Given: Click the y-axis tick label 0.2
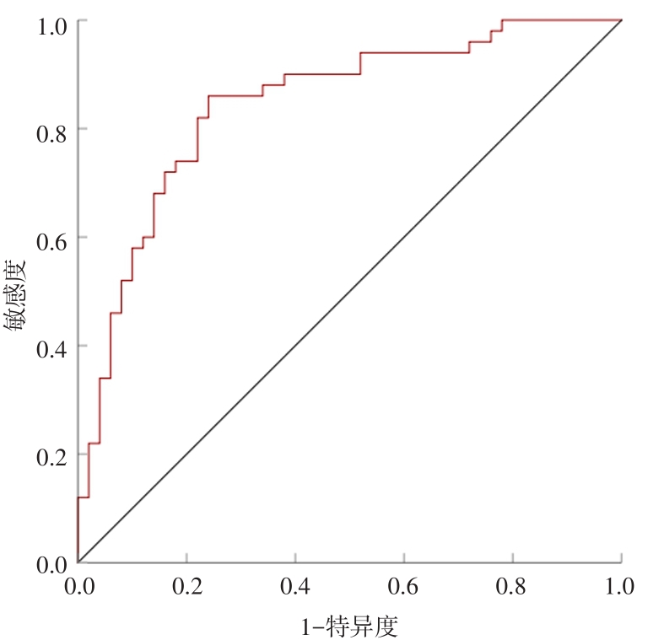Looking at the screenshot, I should (x=50, y=454).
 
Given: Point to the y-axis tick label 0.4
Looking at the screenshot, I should (x=50, y=346).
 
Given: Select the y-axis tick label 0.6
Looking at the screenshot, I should (x=50, y=237).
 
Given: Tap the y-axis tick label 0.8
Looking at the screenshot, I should (x=50, y=129).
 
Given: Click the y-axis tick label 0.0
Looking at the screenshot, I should (x=50, y=563).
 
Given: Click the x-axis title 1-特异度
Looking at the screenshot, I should (x=348, y=626).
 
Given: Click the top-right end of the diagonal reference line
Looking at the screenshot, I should (x=621, y=20).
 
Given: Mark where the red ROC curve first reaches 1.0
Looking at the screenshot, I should (x=502, y=20).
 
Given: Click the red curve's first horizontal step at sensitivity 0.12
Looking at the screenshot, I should (x=83, y=497).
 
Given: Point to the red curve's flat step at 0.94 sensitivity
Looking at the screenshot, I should (x=414, y=52).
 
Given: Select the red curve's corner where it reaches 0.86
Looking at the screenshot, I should (x=208, y=96).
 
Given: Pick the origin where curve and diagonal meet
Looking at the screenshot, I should (x=78, y=562).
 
